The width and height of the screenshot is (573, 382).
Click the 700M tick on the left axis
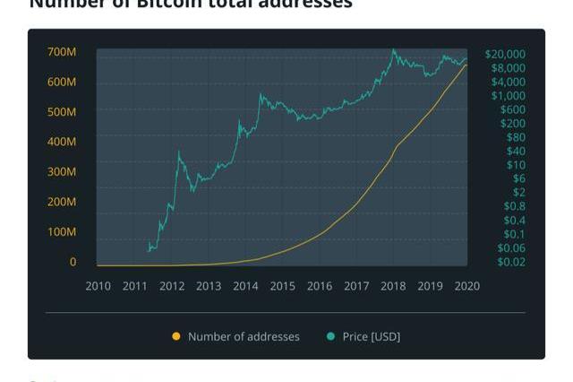coord(62,53)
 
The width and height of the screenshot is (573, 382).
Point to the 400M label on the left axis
coord(62,142)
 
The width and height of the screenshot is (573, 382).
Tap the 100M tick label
coord(62,232)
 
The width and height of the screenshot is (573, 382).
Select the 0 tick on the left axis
coord(73,262)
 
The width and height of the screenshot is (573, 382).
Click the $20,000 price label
coord(505,54)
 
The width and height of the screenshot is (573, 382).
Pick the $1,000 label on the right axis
coord(508,96)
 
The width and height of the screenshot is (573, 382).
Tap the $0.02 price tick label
coord(511,262)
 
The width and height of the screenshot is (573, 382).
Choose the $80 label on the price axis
coord(516,137)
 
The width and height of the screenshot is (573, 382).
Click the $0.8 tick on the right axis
coord(514,206)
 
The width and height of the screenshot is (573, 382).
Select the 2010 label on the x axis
coord(98,287)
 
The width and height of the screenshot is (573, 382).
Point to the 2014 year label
coord(245,287)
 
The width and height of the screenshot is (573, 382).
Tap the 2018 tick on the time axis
coord(392,287)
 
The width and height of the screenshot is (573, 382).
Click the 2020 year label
coord(466,287)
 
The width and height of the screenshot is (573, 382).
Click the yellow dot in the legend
coord(176,337)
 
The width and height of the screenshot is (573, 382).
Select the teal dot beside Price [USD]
coord(331,337)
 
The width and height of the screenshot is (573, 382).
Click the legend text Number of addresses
coord(244,337)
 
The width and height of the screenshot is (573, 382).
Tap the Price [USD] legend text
coord(372,337)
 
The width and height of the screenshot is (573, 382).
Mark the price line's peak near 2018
coord(393,50)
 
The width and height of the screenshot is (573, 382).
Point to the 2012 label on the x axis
coord(172,287)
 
